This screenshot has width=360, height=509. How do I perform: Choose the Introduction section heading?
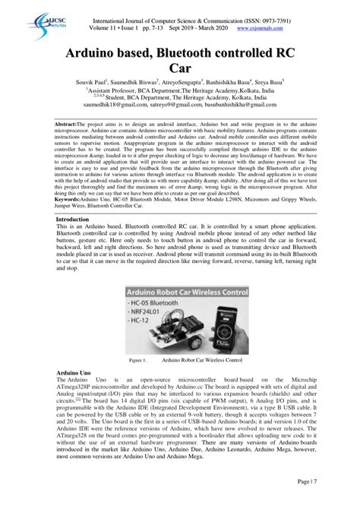[78, 219]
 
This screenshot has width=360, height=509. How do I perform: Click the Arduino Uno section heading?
[74, 375]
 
